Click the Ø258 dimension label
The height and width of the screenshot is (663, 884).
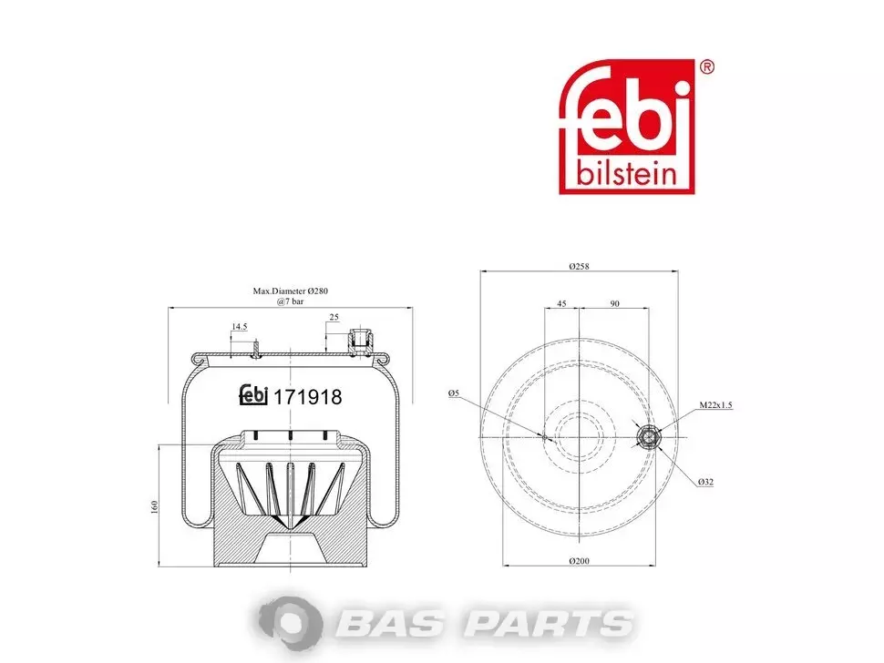click(579, 266)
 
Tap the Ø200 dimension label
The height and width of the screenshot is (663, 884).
click(579, 561)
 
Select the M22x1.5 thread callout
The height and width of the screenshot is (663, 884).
click(716, 404)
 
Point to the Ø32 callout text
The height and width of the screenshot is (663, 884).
click(705, 482)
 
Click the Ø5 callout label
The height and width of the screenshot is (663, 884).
click(454, 393)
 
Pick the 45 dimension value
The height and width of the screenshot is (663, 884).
click(561, 303)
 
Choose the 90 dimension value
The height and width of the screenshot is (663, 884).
click(614, 303)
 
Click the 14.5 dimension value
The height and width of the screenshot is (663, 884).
click(240, 327)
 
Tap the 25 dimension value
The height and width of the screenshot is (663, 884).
click(334, 317)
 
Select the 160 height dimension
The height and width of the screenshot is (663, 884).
click(155, 506)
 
